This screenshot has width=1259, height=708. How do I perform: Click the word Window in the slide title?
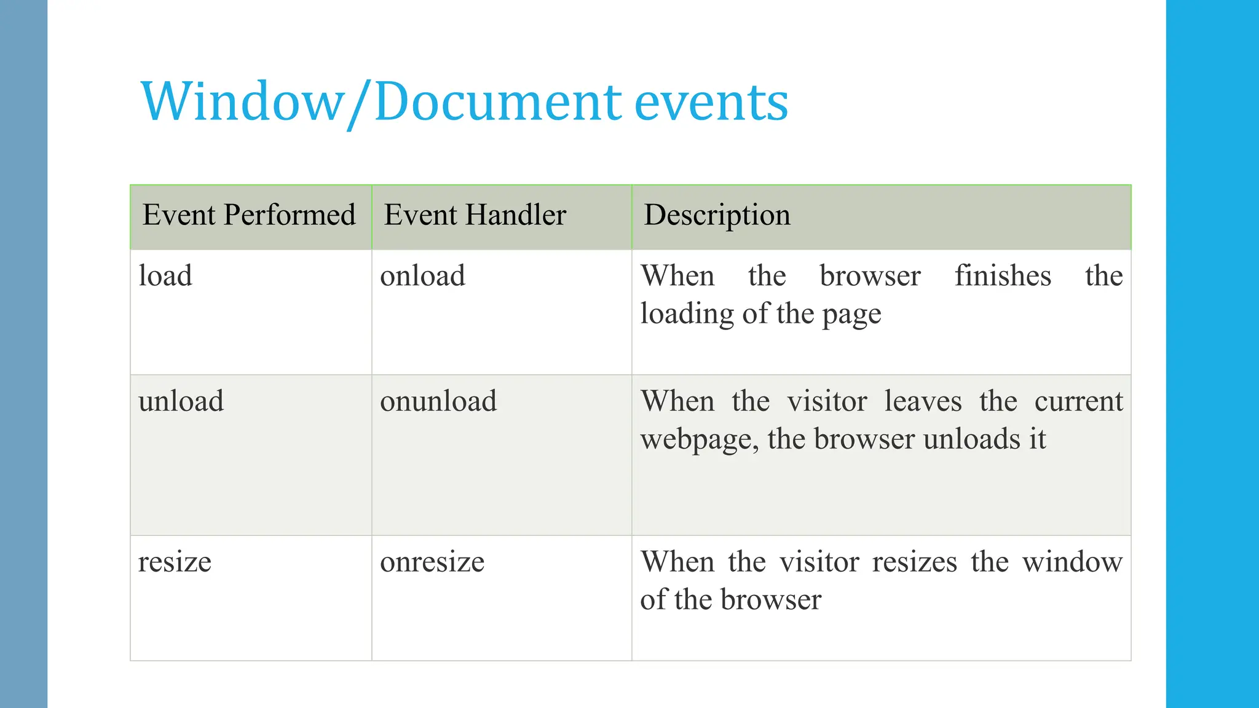[x=242, y=101]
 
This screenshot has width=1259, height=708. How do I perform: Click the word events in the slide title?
[x=711, y=103]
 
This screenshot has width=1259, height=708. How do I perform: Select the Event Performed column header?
[x=249, y=215]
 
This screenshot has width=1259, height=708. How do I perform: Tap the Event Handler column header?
[x=475, y=215]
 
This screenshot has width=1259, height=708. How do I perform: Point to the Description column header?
[x=717, y=215]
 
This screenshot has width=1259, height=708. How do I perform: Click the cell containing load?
[x=165, y=275]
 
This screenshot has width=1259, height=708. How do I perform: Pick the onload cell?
[x=422, y=275]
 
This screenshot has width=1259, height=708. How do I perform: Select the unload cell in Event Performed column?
[x=181, y=401]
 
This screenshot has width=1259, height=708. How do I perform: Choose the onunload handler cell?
[x=438, y=401]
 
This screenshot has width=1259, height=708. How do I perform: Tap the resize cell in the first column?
[x=175, y=562]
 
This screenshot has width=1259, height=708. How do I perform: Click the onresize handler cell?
[x=432, y=562]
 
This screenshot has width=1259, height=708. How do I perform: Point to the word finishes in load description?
[x=1003, y=275]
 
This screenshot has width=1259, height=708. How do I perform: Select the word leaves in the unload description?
[x=923, y=401]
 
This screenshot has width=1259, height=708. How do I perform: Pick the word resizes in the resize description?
[x=914, y=562]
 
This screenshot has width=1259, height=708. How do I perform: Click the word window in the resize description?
[x=1072, y=562]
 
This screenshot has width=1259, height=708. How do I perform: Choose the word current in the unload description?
[x=1078, y=401]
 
